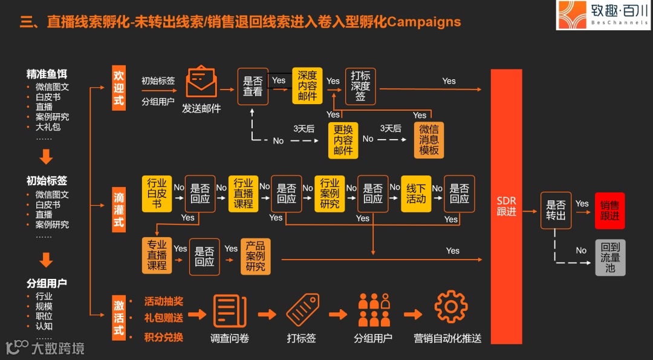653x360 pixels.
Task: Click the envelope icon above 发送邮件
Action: coord(201,83)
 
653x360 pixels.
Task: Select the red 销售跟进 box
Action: coord(609,211)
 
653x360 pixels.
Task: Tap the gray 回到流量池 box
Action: coord(609,257)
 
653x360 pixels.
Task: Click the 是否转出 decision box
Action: coord(556,211)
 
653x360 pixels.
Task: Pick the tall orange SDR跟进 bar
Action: coord(506,206)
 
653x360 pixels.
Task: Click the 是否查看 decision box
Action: coord(253,87)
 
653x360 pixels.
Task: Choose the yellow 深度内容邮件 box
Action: coord(307,87)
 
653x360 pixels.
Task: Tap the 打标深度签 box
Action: coord(360,87)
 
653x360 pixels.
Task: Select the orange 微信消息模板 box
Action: coord(429,140)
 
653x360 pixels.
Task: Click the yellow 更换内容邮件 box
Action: coord(343,140)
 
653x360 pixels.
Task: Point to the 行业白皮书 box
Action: coord(157,194)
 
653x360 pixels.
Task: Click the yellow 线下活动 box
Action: coord(416,194)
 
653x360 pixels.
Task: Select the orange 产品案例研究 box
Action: coord(255,257)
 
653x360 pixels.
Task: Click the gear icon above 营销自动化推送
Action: coord(450,307)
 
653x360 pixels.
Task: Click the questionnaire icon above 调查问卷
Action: coord(230,310)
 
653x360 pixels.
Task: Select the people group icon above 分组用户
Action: coord(374,310)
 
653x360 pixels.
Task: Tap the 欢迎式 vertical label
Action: coord(119,87)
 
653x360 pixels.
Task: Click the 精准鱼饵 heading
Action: coord(47,74)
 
